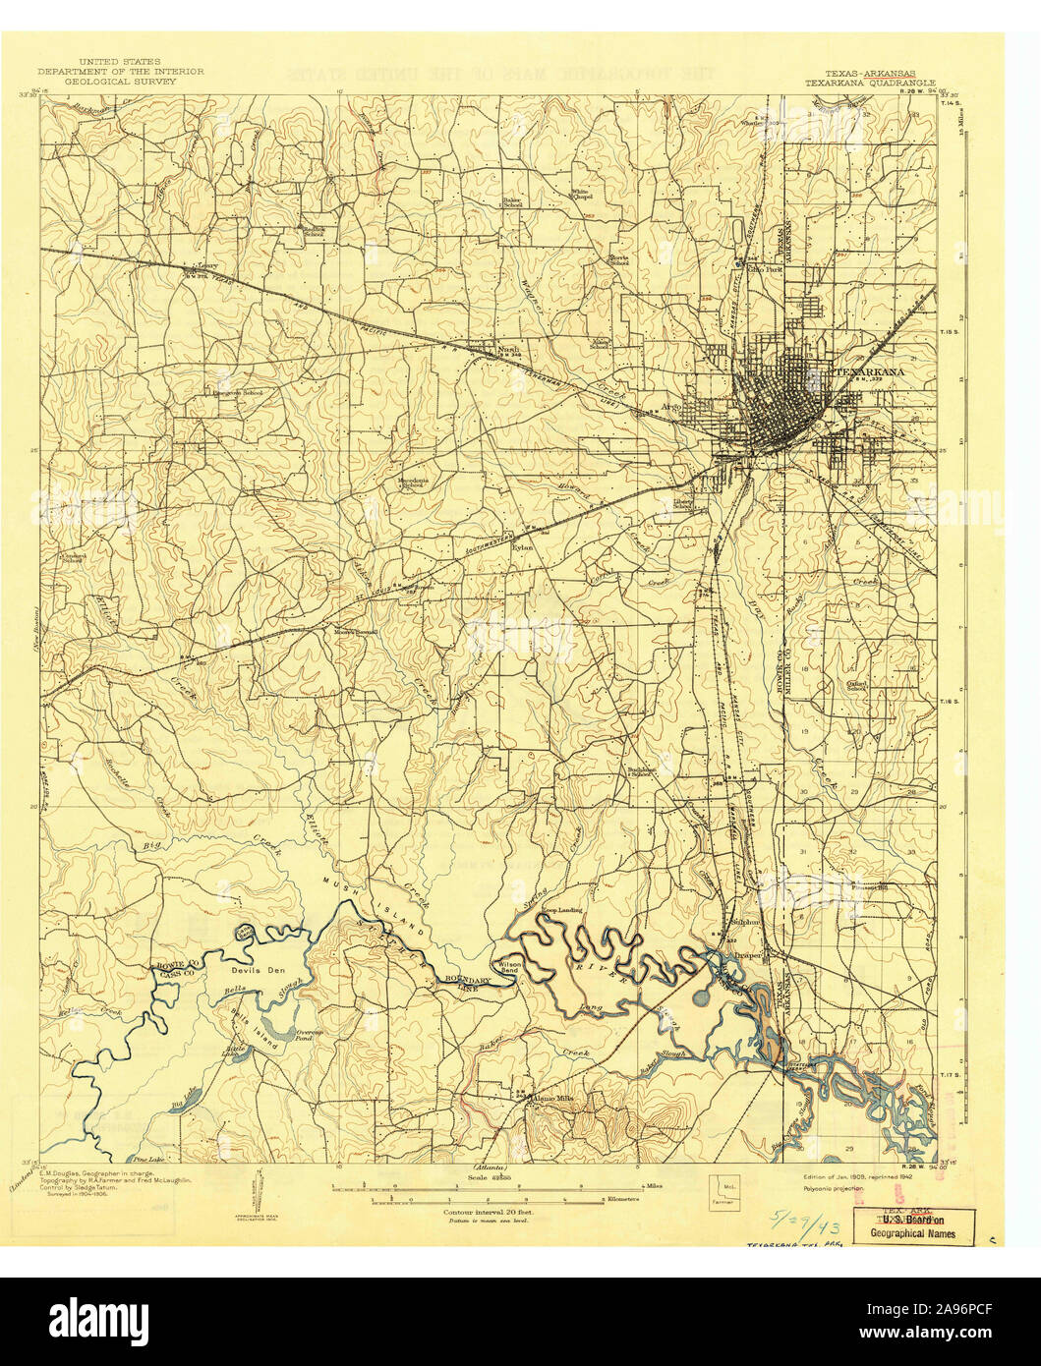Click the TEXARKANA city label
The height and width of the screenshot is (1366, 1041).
pos(869,373)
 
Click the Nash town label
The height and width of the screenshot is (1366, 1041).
pos(507,349)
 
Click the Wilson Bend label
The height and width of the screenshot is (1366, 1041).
pos(508,969)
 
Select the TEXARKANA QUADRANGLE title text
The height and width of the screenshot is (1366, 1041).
pos(871,85)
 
